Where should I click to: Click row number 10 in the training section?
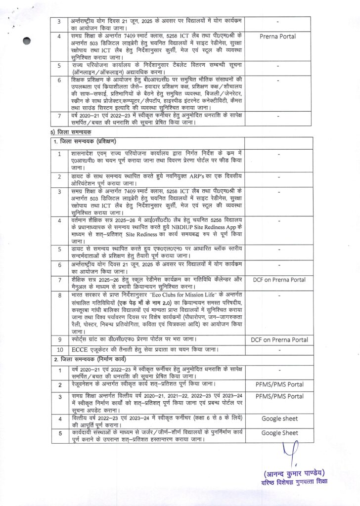59,350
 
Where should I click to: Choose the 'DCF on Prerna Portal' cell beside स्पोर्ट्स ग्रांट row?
279,339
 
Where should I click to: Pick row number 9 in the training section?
59,339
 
